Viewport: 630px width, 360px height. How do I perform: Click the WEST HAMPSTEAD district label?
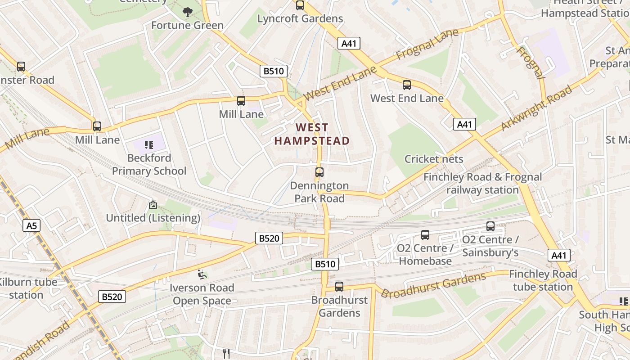point(312,134)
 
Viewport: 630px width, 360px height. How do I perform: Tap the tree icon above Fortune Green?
point(187,12)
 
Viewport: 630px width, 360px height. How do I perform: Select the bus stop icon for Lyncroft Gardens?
point(300,5)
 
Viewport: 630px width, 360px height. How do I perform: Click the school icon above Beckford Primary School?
point(149,144)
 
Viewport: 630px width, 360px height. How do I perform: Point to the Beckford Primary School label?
point(149,165)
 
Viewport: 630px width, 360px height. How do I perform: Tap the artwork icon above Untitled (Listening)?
point(153,205)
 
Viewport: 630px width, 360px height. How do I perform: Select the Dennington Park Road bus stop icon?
point(319,172)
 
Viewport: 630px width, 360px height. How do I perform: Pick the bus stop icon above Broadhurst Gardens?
point(339,286)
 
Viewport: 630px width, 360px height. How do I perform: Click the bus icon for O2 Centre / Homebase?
point(425,234)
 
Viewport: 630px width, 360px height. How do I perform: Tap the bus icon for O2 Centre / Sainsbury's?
point(490,226)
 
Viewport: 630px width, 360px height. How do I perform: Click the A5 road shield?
point(31,225)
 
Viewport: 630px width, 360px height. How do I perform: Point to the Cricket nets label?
point(434,159)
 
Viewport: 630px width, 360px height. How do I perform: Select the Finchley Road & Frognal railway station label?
point(482,184)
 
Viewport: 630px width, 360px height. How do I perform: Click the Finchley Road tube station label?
point(543,280)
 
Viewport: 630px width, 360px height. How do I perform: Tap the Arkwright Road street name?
point(536,108)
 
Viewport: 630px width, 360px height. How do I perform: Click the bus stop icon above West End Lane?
point(407,85)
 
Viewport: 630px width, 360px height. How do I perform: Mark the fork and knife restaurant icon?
point(226,354)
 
